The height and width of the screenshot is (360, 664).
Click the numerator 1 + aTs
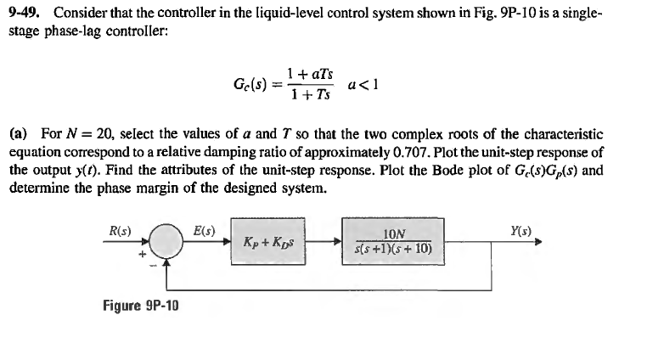click(x=309, y=74)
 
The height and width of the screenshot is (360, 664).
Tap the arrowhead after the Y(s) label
click(x=537, y=240)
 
